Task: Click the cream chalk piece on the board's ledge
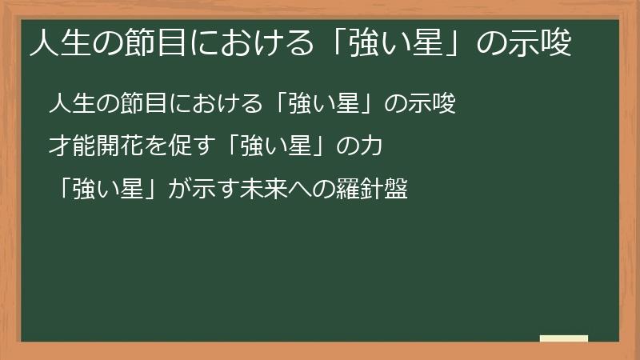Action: tap(563, 338)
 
